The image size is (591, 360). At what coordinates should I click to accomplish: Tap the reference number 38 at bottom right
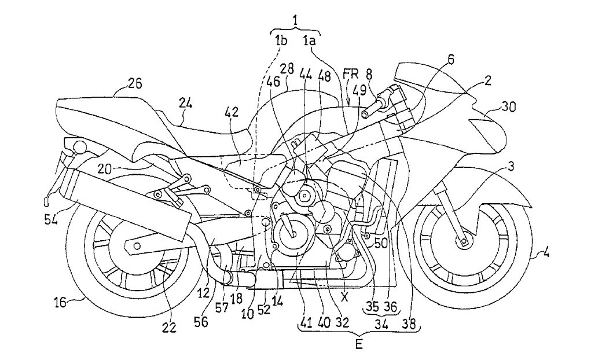point(413,319)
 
